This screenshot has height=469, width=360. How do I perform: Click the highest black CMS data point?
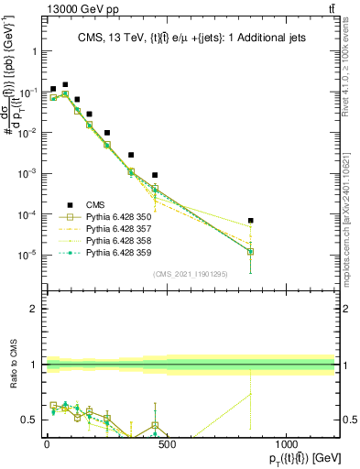(65, 84)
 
